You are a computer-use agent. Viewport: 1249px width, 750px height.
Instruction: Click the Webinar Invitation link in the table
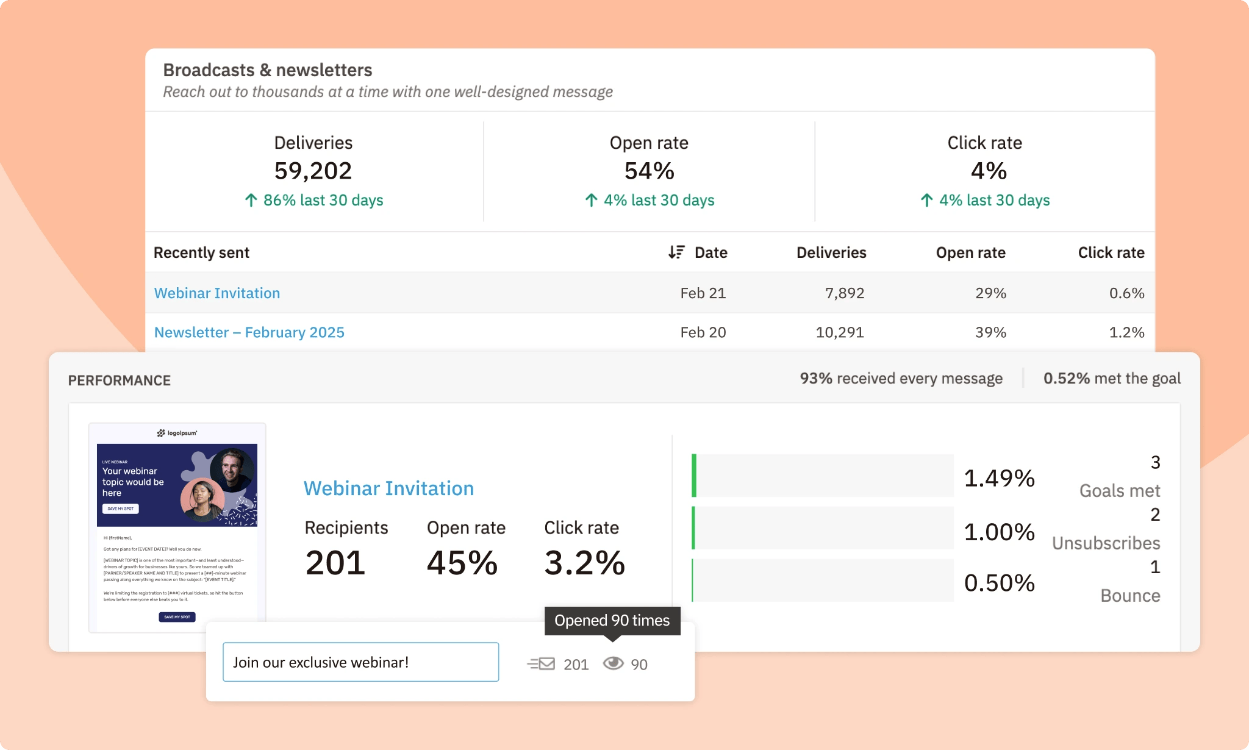point(217,293)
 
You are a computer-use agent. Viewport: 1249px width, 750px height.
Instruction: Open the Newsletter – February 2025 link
point(249,332)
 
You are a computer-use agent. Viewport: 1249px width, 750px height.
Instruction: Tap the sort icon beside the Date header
point(676,252)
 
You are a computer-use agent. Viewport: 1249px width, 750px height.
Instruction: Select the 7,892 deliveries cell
point(844,293)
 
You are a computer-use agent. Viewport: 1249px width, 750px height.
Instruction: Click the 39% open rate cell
point(990,332)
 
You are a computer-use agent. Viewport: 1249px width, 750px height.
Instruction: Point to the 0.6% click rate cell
point(1126,293)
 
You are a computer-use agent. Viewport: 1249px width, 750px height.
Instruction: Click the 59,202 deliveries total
point(313,171)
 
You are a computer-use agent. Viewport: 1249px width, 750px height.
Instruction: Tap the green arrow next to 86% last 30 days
point(251,200)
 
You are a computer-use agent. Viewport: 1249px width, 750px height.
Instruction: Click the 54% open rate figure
point(649,171)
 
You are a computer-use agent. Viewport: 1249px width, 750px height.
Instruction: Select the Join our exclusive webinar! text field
point(360,662)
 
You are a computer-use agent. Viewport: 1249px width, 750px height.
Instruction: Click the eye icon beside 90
point(613,663)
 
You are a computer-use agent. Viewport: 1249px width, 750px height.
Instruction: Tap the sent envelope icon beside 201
point(541,663)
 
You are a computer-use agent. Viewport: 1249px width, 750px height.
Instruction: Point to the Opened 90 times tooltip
point(612,621)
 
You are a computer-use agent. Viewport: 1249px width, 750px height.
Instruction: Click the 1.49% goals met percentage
point(999,478)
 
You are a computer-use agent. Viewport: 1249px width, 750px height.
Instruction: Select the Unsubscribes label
point(1106,543)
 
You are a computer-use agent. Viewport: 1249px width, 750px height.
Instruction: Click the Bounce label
point(1129,595)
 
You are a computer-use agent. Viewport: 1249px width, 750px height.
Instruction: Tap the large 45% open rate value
point(462,562)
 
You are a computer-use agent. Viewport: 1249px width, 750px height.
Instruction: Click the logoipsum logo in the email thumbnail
point(177,433)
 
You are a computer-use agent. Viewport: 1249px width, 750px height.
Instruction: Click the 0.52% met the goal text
point(1111,379)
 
